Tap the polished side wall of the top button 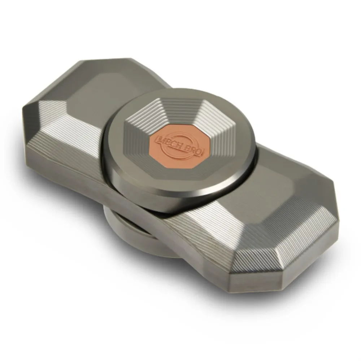[162, 195]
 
